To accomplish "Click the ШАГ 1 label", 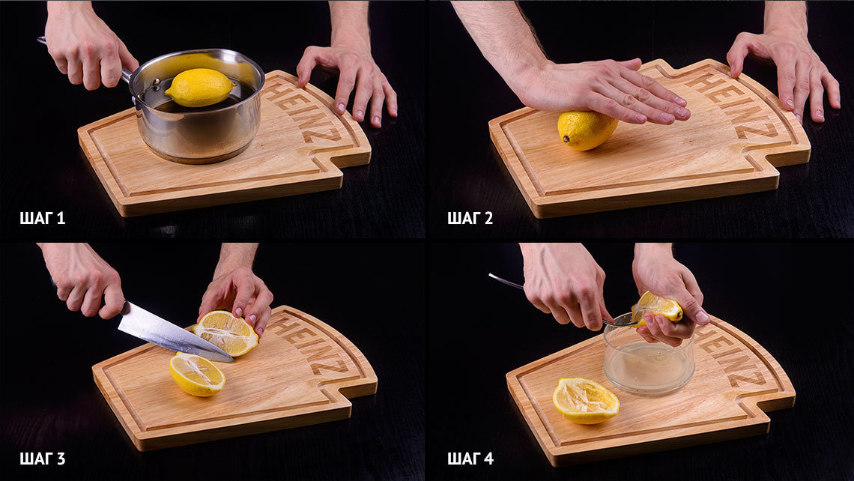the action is pyautogui.click(x=43, y=219).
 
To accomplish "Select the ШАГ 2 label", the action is pyautogui.click(x=470, y=219).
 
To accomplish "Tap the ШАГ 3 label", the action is pyautogui.click(x=43, y=459).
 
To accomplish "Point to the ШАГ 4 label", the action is pyautogui.click(x=470, y=459).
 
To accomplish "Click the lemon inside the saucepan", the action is pyautogui.click(x=200, y=87).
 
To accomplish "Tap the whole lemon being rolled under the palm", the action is pyautogui.click(x=587, y=130).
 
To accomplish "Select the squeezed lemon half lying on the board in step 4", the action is pyautogui.click(x=586, y=400).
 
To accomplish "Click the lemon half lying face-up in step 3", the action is pyautogui.click(x=197, y=374).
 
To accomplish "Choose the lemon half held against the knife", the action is pyautogui.click(x=226, y=333).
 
